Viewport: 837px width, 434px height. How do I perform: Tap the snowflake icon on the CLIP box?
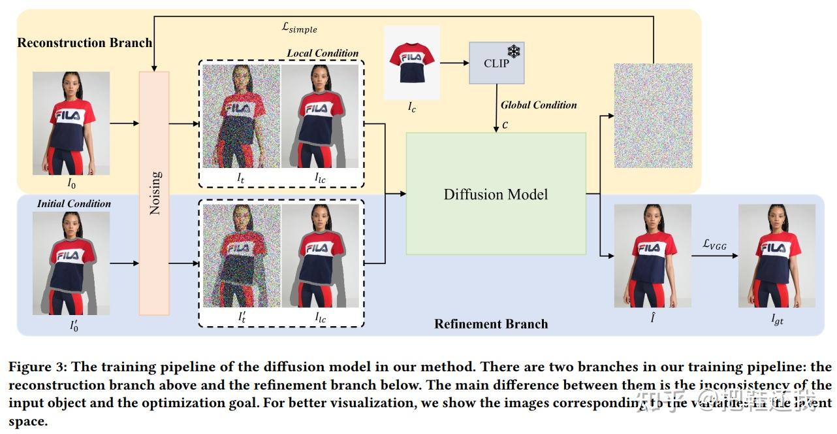point(514,51)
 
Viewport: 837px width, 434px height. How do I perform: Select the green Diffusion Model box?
point(496,193)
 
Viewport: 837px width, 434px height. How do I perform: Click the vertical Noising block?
point(154,193)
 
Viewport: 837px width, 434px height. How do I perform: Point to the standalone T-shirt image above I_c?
point(411,62)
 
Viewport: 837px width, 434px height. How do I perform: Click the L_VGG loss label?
point(714,244)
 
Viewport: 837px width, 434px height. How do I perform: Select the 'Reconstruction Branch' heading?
point(84,43)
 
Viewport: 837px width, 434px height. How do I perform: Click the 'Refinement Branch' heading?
point(491,324)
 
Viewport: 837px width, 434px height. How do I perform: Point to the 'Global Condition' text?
point(539,105)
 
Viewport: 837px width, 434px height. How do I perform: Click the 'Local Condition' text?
point(323,53)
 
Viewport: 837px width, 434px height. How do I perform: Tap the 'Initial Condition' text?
point(74,203)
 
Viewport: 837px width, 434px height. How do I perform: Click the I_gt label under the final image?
point(776,320)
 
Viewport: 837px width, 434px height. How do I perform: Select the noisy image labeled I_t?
point(241,116)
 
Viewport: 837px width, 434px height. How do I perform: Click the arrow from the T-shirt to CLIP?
point(454,63)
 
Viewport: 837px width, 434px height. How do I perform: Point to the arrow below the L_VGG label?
point(714,256)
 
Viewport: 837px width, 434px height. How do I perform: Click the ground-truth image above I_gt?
point(776,256)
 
